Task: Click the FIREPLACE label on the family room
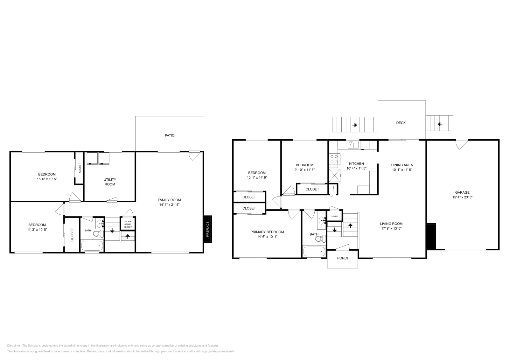point(208,229)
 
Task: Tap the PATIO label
point(170,135)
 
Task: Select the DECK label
point(401,123)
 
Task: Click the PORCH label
point(343,258)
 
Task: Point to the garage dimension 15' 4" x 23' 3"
point(462,197)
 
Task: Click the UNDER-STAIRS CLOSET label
point(128,224)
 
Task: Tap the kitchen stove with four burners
point(334,159)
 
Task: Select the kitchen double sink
point(353,145)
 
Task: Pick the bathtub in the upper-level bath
point(314,252)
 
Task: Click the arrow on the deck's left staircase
point(354,125)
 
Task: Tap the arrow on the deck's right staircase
point(440,124)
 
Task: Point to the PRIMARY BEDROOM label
point(267,232)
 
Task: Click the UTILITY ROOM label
point(110,182)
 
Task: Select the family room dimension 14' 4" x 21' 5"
point(169,205)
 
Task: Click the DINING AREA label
point(402,165)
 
